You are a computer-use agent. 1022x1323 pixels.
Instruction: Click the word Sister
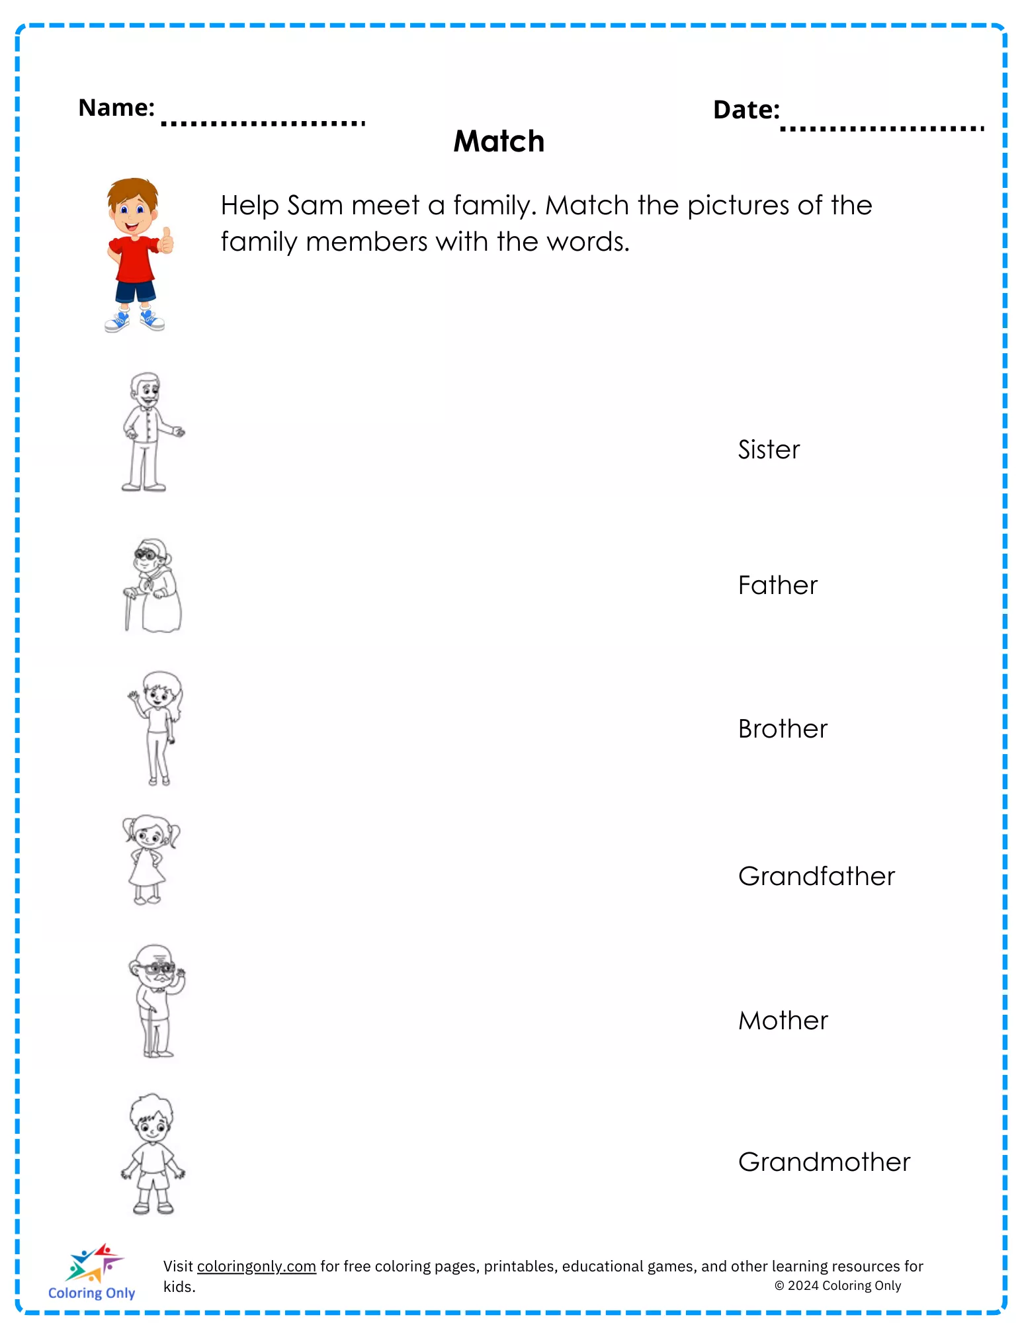(769, 450)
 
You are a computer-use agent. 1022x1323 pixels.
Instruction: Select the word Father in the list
(778, 585)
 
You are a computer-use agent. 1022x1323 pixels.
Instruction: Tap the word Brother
(783, 729)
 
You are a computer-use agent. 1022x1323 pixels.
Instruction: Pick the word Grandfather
(816, 876)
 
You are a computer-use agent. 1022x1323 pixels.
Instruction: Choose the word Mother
(783, 1021)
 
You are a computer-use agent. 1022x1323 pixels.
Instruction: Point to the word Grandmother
(824, 1162)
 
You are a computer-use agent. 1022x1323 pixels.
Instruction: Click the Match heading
(499, 142)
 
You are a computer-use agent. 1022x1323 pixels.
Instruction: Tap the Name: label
(116, 107)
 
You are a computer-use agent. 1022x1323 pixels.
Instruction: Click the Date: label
(746, 110)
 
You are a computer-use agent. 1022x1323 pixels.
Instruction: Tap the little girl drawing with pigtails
(150, 859)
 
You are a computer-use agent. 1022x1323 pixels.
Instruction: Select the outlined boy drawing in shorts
(153, 1154)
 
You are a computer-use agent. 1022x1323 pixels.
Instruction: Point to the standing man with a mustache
(149, 432)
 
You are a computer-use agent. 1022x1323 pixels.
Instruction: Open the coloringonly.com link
(256, 1266)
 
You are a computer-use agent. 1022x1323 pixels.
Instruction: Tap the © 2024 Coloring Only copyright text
(837, 1285)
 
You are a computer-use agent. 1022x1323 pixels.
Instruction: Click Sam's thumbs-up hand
(166, 241)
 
